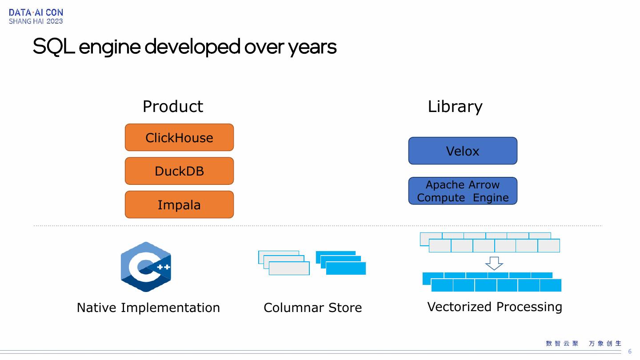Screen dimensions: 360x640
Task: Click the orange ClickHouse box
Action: pos(179,137)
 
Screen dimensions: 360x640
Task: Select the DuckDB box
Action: pos(179,171)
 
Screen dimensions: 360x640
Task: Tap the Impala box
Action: pos(179,204)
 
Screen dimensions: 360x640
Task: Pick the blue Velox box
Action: pos(463,151)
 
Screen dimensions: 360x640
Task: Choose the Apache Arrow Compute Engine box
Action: pos(463,191)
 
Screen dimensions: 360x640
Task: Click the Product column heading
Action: pos(173,107)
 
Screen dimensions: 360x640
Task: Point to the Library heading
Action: pos(455,107)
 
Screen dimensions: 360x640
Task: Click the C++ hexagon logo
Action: pos(146,267)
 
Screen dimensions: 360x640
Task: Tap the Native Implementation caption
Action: pos(148,308)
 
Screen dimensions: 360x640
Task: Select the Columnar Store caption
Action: pos(312,308)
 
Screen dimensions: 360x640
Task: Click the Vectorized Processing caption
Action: pos(494,307)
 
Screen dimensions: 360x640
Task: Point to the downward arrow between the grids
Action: pos(494,263)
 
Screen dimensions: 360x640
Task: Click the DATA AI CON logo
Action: pos(36,16)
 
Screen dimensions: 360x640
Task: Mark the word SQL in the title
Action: pos(53,46)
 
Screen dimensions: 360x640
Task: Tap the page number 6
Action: pos(629,352)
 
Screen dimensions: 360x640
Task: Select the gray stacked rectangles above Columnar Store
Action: pos(284,263)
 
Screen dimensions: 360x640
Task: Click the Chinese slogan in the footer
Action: pos(583,343)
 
